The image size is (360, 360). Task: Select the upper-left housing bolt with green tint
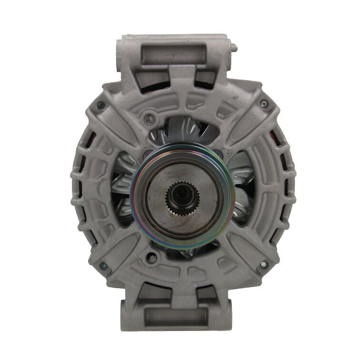click(x=99, y=106)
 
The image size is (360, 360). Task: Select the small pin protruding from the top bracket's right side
click(x=235, y=47)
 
